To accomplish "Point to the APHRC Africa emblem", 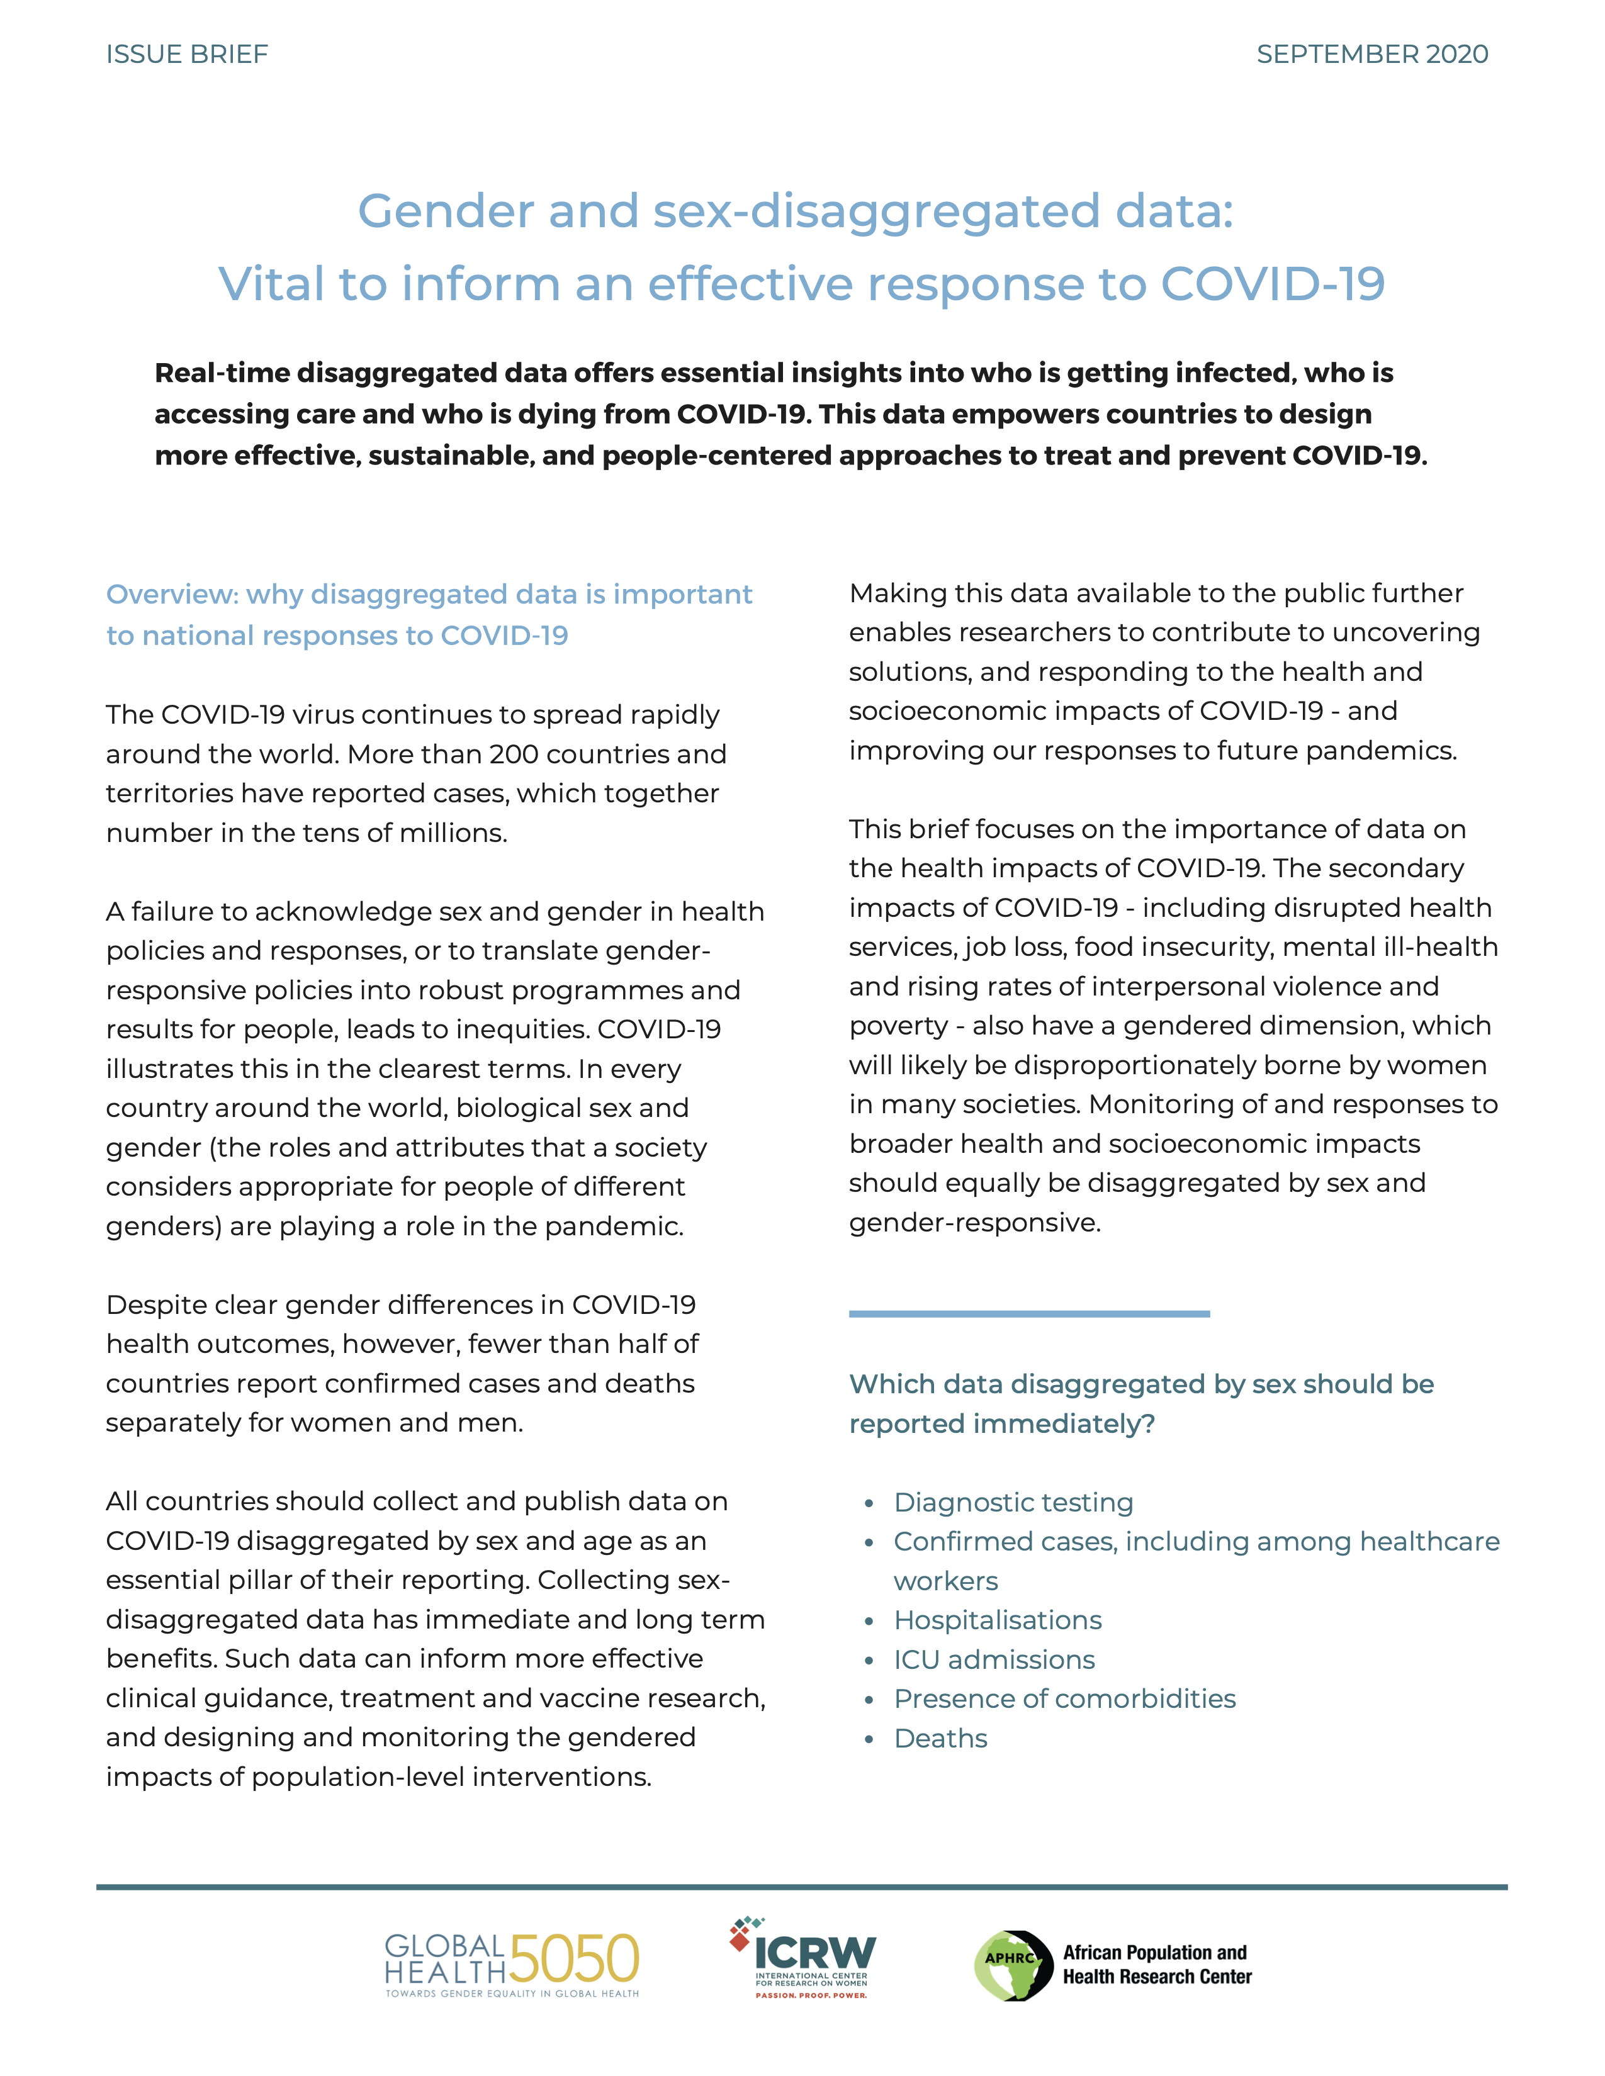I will pyautogui.click(x=1013, y=1966).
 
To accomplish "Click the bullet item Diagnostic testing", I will pyautogui.click(x=1013, y=1502).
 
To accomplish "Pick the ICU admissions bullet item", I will pyautogui.click(x=994, y=1659).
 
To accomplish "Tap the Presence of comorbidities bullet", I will pyautogui.click(x=1064, y=1698).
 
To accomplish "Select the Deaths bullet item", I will pyautogui.click(x=940, y=1739).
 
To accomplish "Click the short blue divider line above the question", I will pyautogui.click(x=1029, y=1314).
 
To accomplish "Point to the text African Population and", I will pyautogui.click(x=1154, y=1953).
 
